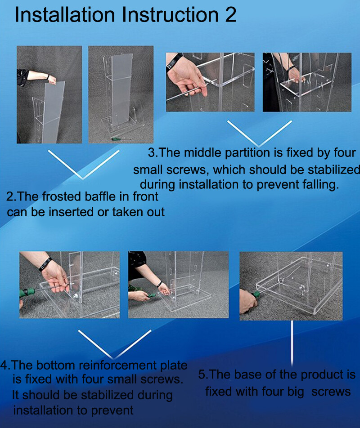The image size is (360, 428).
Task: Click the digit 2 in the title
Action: (x=231, y=14)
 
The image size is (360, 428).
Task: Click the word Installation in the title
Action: (x=65, y=14)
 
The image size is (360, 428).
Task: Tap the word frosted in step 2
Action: (x=63, y=196)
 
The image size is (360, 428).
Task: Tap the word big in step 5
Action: (x=295, y=392)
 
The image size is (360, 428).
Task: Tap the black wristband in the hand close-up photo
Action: (x=174, y=62)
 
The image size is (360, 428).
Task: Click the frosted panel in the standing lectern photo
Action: (x=121, y=90)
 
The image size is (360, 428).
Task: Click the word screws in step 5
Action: (x=331, y=392)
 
